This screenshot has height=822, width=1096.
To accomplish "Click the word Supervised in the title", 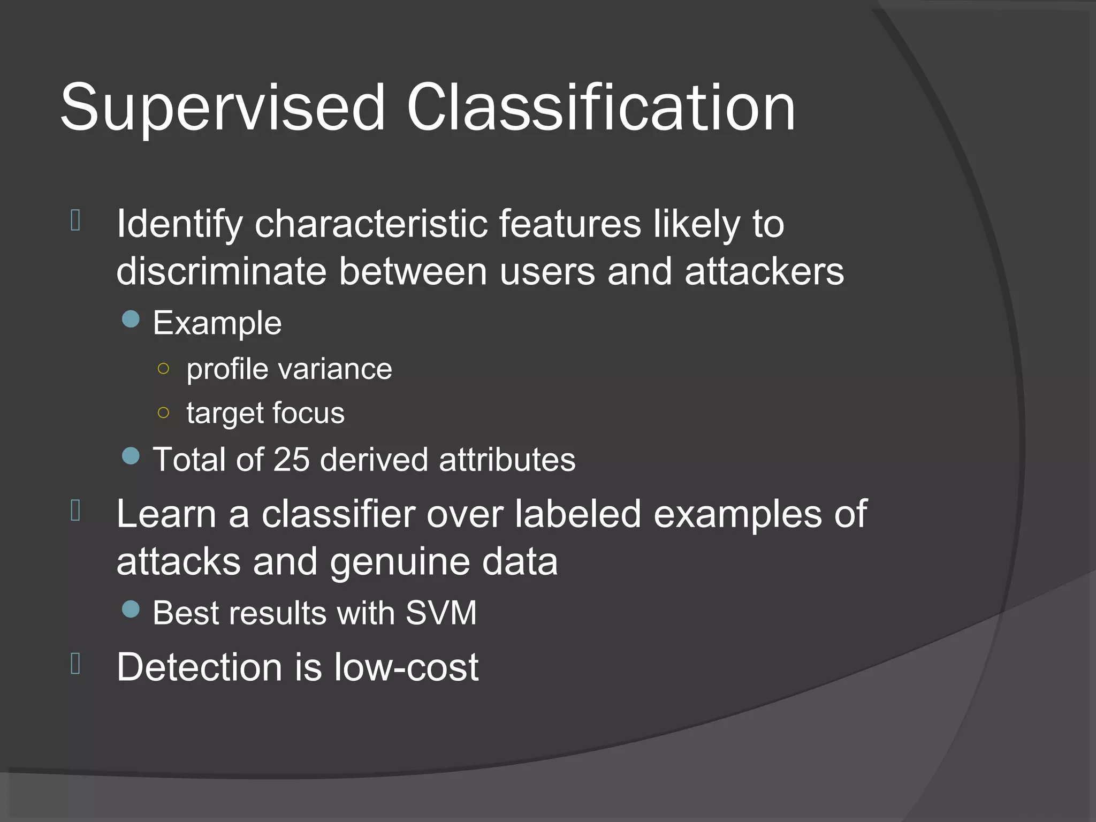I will [222, 109].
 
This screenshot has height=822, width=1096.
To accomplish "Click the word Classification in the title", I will [600, 109].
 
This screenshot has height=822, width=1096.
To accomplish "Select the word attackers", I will [764, 271].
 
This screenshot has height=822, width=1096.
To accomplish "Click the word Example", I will [217, 324].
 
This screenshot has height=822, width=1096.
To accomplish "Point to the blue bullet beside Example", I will [131, 319].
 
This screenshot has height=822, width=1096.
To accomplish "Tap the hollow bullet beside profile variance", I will [164, 369].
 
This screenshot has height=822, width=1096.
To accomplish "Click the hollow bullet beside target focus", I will [164, 413].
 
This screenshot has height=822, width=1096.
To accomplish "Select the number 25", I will [291, 460].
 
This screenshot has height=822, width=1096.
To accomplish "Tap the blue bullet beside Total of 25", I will [131, 456].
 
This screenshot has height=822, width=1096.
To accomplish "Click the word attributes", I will [507, 460].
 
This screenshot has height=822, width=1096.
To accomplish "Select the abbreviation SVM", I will [440, 613].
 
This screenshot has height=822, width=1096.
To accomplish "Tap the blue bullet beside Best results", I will [131, 609].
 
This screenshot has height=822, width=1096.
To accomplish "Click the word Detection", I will [200, 668].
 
